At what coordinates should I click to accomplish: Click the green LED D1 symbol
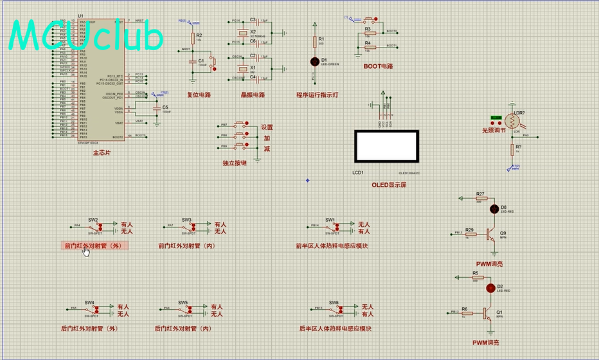tap(314, 62)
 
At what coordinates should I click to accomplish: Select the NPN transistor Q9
tap(491, 234)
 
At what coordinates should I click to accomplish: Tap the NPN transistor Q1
tap(487, 312)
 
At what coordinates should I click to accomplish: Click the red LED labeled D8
tap(494, 208)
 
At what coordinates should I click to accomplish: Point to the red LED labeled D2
tap(491, 287)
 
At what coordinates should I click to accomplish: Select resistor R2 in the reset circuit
tap(192, 37)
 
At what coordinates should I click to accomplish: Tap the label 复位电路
tap(199, 94)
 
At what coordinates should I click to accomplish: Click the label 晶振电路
tap(253, 94)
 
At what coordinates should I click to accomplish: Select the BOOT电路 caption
tap(378, 66)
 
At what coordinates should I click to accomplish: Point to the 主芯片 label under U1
tap(102, 153)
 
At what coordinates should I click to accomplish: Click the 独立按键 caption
tap(235, 163)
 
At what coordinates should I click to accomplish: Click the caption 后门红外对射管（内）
tap(183, 328)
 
